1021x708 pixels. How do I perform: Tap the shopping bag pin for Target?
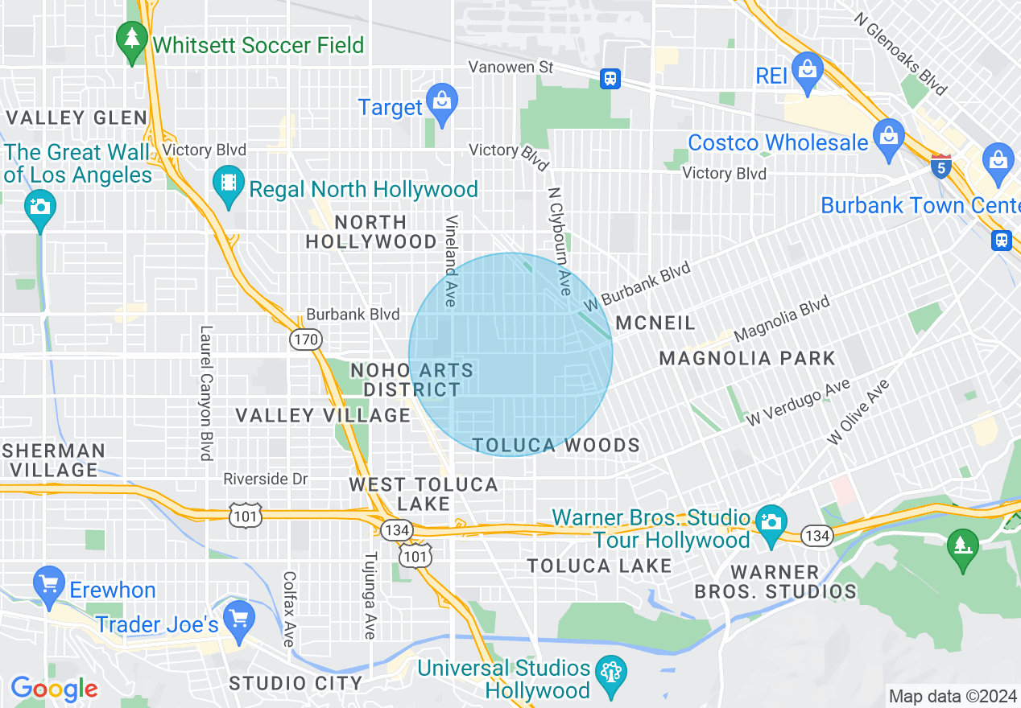click(441, 102)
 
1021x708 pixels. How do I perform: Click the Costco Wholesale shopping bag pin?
click(889, 137)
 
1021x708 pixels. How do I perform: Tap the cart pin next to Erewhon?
click(49, 583)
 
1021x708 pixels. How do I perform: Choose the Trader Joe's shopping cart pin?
click(238, 619)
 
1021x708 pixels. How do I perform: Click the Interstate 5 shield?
click(940, 167)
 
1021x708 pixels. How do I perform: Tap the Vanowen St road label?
click(511, 67)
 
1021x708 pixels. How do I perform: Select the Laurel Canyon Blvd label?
click(206, 393)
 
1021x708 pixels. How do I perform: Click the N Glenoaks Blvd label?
click(900, 53)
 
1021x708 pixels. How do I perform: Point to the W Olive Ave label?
click(858, 411)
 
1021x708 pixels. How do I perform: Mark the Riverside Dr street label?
click(266, 479)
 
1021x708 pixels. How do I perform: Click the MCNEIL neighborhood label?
click(655, 323)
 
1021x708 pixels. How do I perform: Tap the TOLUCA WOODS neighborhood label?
click(556, 445)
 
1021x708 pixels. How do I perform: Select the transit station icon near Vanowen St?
click(610, 78)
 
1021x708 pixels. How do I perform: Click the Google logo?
click(54, 689)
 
